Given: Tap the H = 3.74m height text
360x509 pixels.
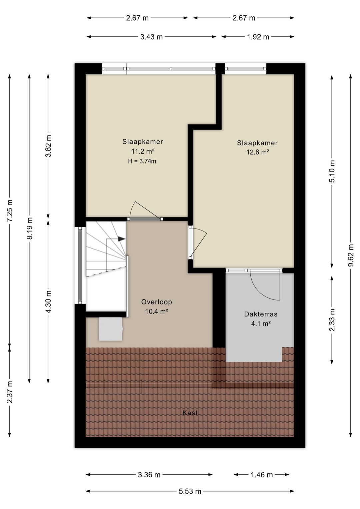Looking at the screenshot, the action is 142,161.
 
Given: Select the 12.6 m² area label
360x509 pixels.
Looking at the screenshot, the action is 258,152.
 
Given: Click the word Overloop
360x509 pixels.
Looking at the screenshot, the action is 157,302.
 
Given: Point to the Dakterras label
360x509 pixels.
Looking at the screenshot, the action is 261,314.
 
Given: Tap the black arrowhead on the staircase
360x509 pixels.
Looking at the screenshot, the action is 122,239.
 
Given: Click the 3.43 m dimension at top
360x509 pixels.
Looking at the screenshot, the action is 151,37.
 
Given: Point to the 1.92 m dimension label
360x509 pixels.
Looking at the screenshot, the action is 258,37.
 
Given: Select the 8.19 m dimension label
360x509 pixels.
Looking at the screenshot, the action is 29,228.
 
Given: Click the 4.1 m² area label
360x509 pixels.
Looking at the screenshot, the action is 261,324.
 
